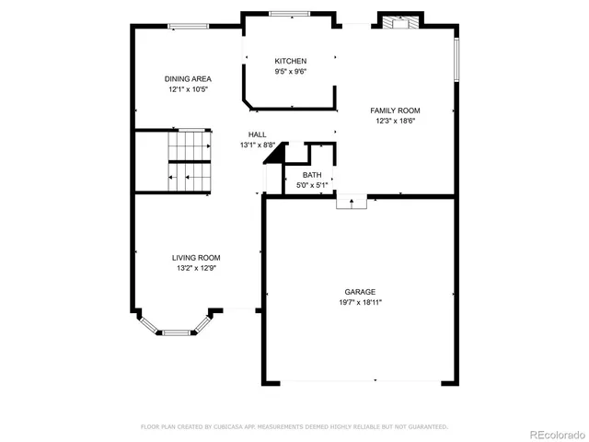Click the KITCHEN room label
290,61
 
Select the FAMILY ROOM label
396,110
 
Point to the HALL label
257,134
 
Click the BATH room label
312,175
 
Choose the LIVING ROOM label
196,258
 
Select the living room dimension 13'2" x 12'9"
196,268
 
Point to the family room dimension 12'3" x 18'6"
396,121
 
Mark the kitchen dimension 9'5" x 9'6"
290,72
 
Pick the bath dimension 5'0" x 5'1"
312,185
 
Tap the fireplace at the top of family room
400,23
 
